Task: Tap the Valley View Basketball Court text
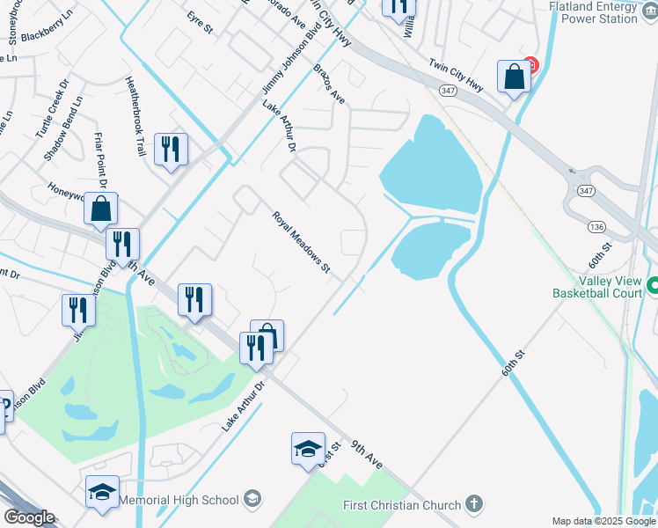pyautogui.click(x=597, y=287)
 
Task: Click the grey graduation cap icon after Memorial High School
pyautogui.click(x=252, y=500)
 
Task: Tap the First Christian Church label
pyautogui.click(x=402, y=504)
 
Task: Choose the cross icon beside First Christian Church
pyautogui.click(x=474, y=504)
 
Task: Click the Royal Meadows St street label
pyautogui.click(x=300, y=241)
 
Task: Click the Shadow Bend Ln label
pyautogui.click(x=62, y=128)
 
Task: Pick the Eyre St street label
pyautogui.click(x=201, y=23)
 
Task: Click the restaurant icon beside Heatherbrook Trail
pyautogui.click(x=170, y=148)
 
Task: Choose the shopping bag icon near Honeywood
pyautogui.click(x=101, y=209)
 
